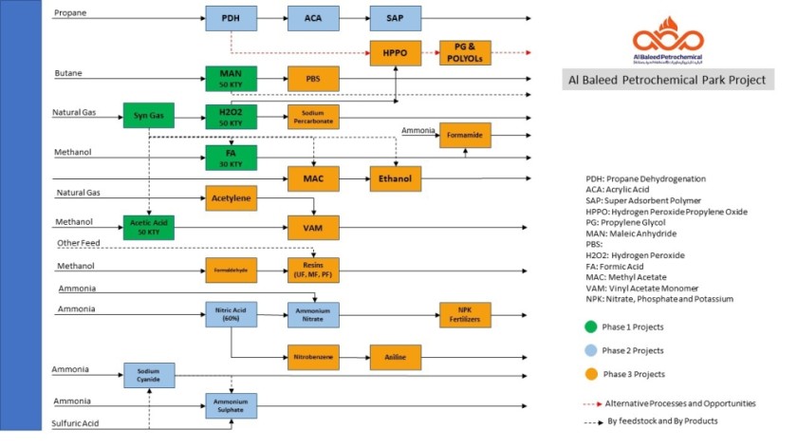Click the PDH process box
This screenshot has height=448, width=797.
coord(232,18)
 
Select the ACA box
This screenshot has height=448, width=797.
coord(313,18)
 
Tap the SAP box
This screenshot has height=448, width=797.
coord(397,18)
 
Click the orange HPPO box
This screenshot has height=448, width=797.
coord(395,53)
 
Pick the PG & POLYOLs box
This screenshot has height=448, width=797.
coord(465,53)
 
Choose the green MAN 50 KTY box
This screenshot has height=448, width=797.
coord(232,78)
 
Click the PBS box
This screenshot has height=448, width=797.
coord(313,78)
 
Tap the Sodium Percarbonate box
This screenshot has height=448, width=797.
coord(313,117)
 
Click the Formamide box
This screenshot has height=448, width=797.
coord(465,137)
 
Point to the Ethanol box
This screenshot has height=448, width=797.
coord(395,178)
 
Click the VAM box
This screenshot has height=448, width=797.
coord(313,227)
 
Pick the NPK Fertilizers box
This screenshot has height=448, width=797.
coord(465,315)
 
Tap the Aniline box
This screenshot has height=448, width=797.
coord(395,357)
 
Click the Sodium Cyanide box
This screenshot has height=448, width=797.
coord(149,375)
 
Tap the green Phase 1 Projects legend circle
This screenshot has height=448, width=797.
coord(591,327)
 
